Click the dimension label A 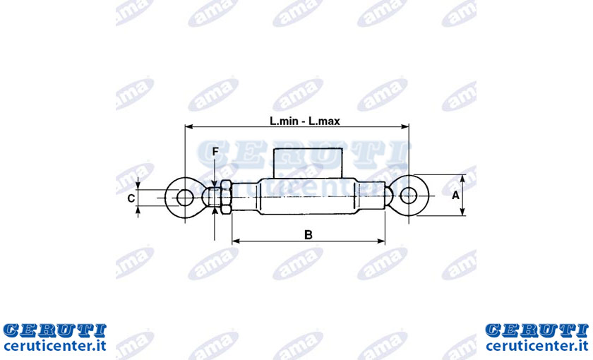(x=455, y=195)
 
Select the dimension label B (x=309, y=235)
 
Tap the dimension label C (x=131, y=198)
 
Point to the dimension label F (x=215, y=152)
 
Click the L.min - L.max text (x=304, y=121)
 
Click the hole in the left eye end (x=184, y=198)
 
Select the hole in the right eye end (x=409, y=196)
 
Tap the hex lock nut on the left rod (x=225, y=198)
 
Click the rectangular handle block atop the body (x=308, y=163)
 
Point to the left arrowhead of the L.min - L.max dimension (x=188, y=126)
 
